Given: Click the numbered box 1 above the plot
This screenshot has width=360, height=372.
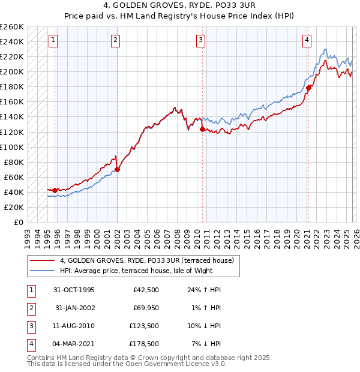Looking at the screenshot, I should (x=53, y=40).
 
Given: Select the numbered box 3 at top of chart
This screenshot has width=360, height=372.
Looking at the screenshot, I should (x=200, y=40).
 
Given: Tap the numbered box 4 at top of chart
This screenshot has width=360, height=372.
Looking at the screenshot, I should (x=307, y=40).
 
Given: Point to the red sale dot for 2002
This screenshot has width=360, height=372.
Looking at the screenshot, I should (x=118, y=169).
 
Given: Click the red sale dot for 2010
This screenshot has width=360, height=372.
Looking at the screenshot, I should (x=202, y=129).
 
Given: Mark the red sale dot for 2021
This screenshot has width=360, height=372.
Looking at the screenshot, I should (x=308, y=88).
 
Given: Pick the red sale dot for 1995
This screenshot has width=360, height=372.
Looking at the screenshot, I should (x=55, y=190).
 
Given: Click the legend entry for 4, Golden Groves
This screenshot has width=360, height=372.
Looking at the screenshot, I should (x=150, y=260).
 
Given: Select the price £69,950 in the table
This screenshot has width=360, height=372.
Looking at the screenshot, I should (x=143, y=308).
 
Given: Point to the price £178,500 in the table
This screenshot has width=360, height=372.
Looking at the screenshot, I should (x=143, y=344).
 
